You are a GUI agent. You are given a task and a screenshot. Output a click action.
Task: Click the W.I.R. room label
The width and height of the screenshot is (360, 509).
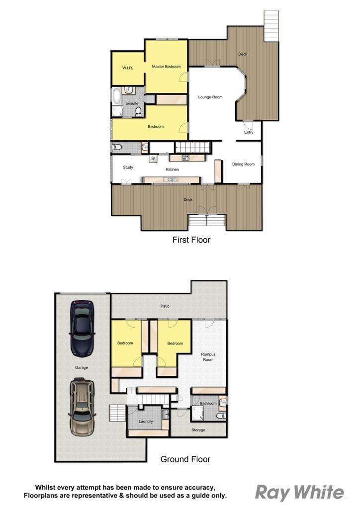128,68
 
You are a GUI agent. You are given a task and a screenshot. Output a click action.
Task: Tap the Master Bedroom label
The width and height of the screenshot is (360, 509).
166,67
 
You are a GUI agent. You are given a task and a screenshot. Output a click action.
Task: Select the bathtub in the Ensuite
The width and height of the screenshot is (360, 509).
116,96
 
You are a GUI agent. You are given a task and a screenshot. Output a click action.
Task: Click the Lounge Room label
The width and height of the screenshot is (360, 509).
210,97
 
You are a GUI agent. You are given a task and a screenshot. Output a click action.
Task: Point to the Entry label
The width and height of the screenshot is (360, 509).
249,132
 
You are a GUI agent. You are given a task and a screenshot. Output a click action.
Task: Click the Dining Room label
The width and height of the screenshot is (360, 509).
243,164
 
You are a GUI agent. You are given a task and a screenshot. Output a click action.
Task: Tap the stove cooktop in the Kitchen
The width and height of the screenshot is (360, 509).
185,158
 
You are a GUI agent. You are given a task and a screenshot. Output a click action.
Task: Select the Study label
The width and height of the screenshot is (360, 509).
128,168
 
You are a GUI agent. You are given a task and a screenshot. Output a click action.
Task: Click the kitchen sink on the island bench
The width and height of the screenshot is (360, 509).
171,179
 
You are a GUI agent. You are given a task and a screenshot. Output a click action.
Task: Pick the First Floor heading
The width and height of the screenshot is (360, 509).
191,240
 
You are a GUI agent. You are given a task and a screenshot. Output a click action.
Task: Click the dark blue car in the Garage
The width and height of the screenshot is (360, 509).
82,329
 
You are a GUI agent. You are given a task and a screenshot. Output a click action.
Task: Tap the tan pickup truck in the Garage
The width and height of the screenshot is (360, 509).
82,407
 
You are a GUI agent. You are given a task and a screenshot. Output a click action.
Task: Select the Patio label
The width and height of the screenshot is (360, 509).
165,306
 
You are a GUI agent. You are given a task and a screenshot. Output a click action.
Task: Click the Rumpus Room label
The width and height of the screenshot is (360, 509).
208,357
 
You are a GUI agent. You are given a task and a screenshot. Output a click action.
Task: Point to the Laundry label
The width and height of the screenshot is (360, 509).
145,422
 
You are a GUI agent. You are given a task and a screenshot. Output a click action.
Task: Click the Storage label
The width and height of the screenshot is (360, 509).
198,430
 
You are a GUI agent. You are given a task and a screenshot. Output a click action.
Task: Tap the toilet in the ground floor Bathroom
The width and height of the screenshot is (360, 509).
221,416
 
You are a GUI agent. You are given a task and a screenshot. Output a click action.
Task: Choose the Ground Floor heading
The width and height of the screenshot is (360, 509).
185,459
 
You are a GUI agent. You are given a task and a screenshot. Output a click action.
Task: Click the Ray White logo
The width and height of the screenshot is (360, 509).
299,493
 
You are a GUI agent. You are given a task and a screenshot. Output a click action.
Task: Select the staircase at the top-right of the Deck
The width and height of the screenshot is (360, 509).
271,26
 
